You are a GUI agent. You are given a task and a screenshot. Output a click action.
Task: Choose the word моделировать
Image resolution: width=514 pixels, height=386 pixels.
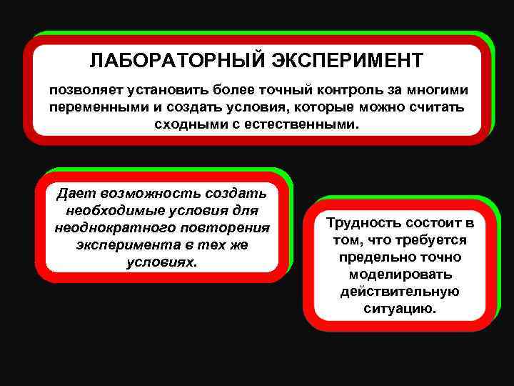point(400,274)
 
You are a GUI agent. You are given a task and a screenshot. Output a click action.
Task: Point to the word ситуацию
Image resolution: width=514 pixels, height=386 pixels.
point(400,309)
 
